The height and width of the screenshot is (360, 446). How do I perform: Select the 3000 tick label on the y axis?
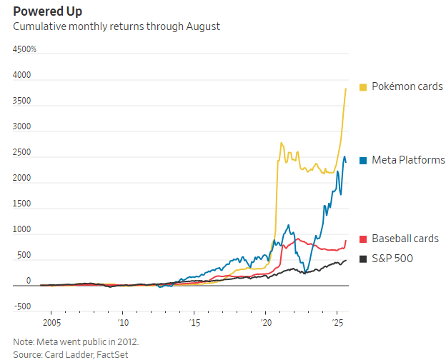pyautogui.click(x=22, y=126)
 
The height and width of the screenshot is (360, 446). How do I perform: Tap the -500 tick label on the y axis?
pyautogui.click(x=22, y=306)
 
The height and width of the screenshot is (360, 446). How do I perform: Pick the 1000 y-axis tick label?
pyautogui.click(x=22, y=229)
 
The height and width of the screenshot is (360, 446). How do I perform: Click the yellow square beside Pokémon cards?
pyautogui.click(x=363, y=86)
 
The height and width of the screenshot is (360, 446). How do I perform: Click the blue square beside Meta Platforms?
pyautogui.click(x=363, y=160)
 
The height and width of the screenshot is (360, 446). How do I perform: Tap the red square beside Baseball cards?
pyautogui.click(x=363, y=239)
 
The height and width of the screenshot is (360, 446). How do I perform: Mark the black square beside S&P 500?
pyautogui.click(x=363, y=259)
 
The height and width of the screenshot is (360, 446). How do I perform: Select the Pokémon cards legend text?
pyautogui.click(x=407, y=86)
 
